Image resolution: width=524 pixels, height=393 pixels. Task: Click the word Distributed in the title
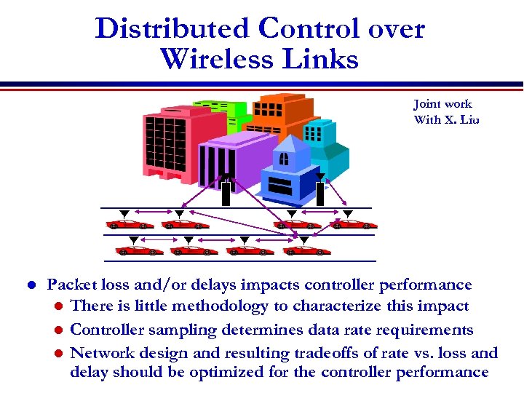pos(172,28)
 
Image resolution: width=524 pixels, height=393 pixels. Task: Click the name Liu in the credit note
pos(469,119)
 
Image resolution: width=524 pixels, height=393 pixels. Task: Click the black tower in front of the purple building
pos(226,194)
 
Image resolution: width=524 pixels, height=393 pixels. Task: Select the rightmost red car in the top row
pos(354,224)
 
